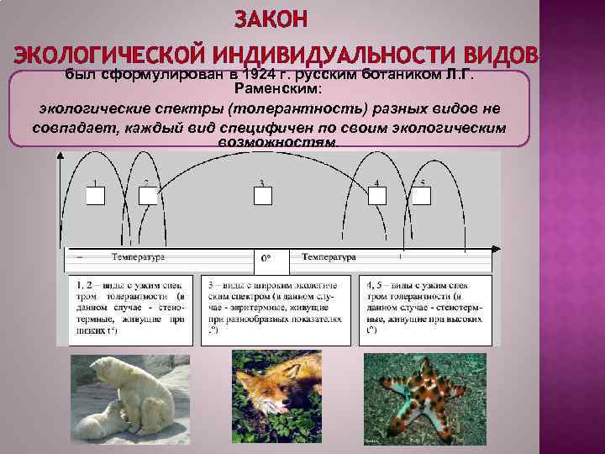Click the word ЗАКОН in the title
271,19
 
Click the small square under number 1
95,196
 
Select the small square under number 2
148,196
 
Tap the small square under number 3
263,196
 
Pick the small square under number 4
376,196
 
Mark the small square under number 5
422,196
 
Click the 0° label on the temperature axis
266,259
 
